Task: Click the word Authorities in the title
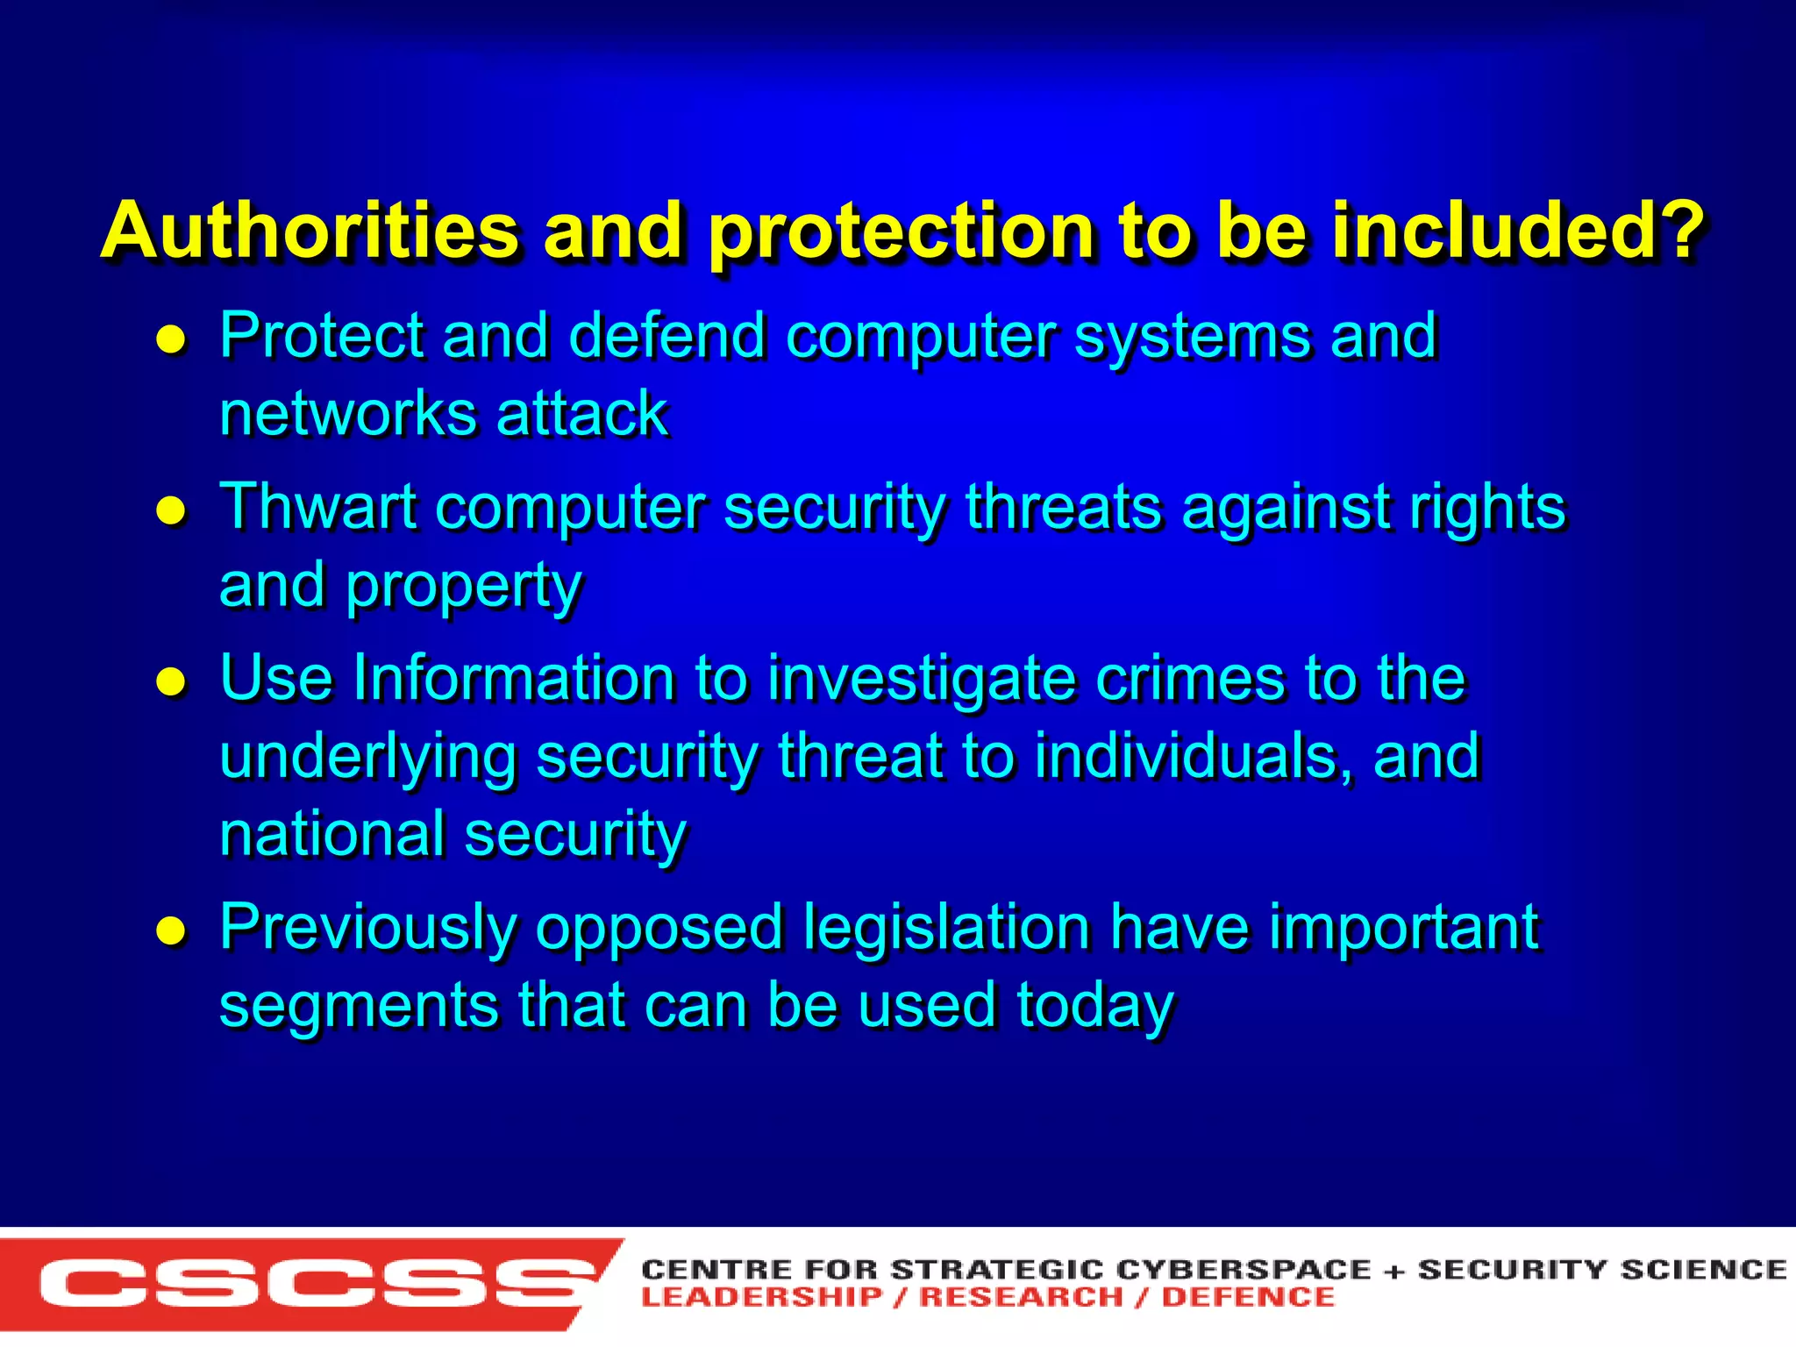tap(310, 231)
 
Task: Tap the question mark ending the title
tap(1676, 231)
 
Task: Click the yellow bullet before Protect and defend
tap(171, 339)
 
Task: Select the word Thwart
tap(317, 507)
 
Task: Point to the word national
tap(331, 834)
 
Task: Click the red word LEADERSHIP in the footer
tap(761, 1297)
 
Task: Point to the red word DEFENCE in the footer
tap(1247, 1297)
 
